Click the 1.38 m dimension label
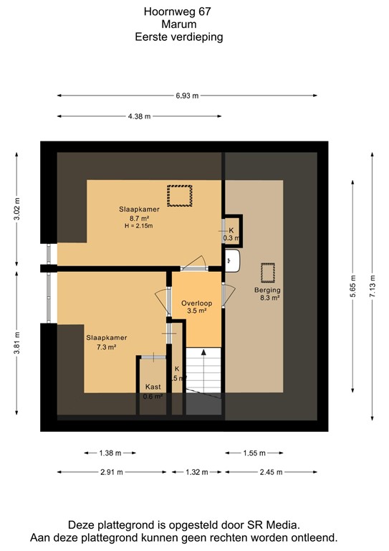109,453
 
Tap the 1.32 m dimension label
196,471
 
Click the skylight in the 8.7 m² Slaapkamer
180,194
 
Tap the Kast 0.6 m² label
152,390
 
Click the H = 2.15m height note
138,226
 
